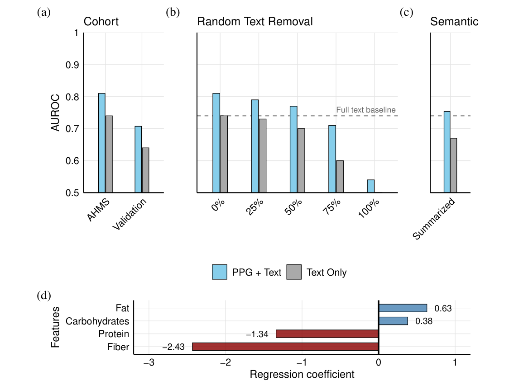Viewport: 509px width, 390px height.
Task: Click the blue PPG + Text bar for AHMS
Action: coord(102,143)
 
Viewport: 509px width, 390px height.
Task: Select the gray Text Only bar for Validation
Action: coord(145,170)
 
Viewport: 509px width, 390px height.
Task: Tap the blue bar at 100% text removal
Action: coord(370,186)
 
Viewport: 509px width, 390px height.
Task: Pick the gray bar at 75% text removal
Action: coord(340,176)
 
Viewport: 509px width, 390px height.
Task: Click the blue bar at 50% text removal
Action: coord(293,149)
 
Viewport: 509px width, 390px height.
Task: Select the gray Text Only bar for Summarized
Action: coord(454,165)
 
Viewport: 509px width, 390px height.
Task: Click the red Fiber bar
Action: coord(285,347)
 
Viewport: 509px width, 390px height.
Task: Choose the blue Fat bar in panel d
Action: coord(403,308)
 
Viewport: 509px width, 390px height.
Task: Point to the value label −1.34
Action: coord(257,334)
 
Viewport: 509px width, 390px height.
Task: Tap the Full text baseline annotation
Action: coord(366,110)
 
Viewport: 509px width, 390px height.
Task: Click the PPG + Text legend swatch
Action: coord(220,272)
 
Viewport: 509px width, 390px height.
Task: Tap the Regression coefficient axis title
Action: coord(302,375)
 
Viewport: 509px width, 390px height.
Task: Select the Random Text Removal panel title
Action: coord(255,22)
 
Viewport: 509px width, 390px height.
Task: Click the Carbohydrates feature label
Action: coord(97,321)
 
